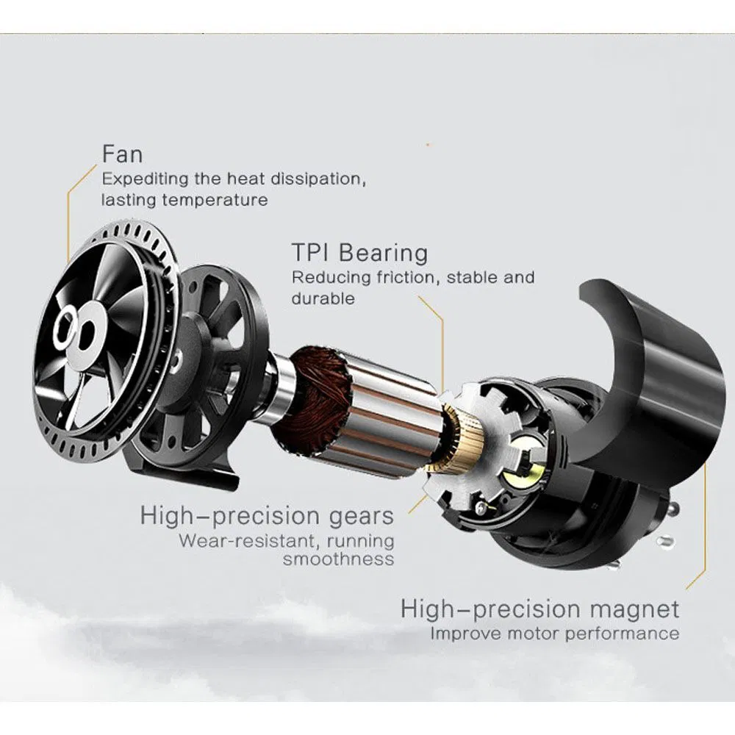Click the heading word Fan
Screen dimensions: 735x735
(x=122, y=155)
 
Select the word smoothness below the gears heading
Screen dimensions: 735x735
(x=338, y=559)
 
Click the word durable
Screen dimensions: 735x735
(x=323, y=298)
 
